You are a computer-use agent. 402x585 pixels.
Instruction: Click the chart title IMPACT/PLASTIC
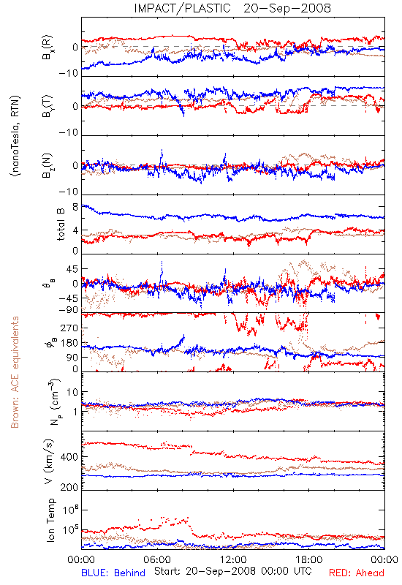point(182,8)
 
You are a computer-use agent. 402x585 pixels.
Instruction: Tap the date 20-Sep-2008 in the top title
point(287,8)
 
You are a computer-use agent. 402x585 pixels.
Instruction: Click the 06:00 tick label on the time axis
point(157,559)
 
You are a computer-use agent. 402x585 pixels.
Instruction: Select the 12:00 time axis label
point(233,559)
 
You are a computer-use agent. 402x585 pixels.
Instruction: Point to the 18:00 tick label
point(309,559)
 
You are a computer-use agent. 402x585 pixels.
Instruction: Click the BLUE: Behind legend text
point(113,573)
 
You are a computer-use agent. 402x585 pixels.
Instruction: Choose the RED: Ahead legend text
point(357,573)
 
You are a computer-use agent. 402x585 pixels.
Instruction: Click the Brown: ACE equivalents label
point(15,372)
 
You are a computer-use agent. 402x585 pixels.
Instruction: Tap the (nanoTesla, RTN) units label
point(15,136)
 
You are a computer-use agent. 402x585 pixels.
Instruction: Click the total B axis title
point(61,224)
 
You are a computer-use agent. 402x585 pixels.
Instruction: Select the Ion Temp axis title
point(50,520)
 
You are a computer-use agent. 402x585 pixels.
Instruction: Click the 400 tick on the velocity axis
point(69,457)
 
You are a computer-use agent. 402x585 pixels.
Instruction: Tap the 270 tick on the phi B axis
point(69,328)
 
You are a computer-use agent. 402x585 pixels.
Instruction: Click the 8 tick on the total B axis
point(75,207)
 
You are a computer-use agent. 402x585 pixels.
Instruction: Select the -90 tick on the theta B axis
point(68,309)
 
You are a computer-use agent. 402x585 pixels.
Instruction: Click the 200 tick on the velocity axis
point(69,487)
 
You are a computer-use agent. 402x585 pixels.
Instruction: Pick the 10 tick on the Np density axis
point(72,393)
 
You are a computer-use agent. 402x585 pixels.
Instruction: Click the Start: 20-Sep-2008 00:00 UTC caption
point(232,572)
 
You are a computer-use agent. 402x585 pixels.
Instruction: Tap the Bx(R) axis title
point(48,48)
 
